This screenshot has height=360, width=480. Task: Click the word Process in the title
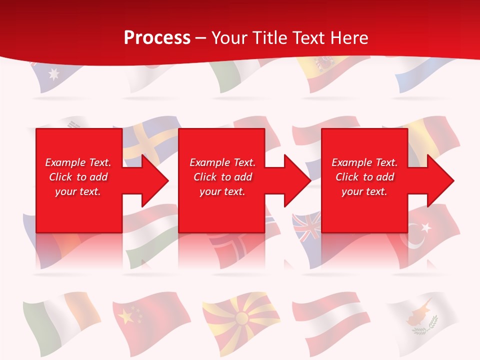[x=157, y=38]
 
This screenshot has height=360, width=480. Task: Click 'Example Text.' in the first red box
[x=78, y=162]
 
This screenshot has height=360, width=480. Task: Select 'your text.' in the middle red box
[x=222, y=191]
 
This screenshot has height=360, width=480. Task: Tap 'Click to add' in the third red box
[x=364, y=177]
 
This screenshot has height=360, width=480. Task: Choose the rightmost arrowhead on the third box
[x=440, y=180]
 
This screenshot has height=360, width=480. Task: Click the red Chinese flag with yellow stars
[x=150, y=317]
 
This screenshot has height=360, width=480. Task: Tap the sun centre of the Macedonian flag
[x=242, y=317]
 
